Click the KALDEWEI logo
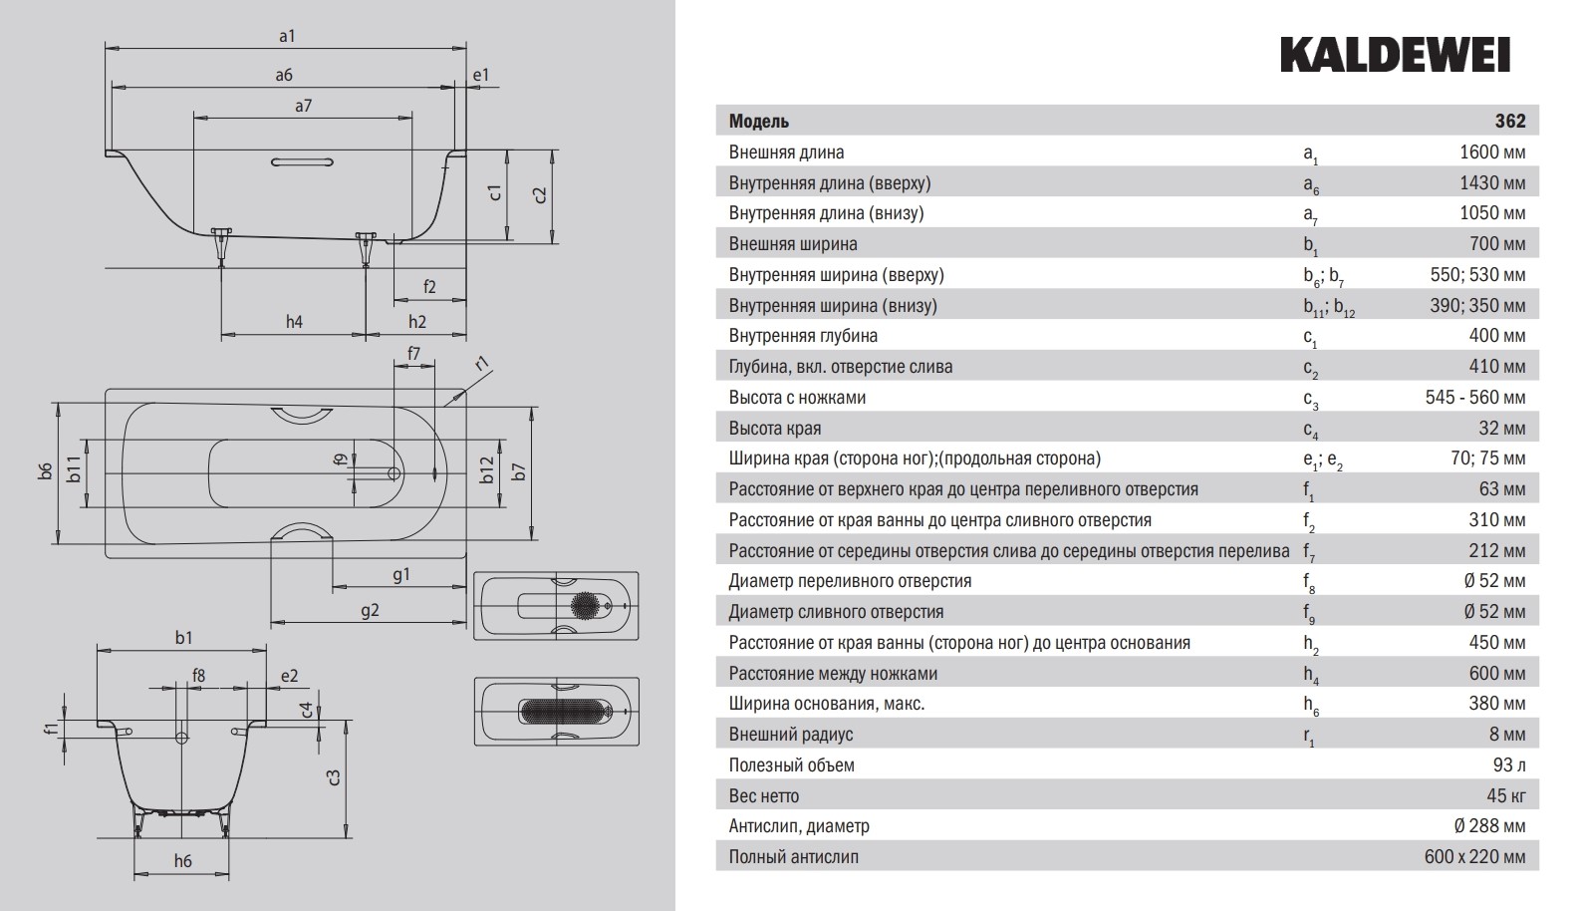click(1394, 56)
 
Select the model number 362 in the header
click(1509, 121)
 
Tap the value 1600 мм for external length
click(1491, 152)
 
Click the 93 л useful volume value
click(1509, 765)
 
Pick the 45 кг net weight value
click(1505, 796)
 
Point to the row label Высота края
click(775, 429)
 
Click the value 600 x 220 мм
click(1474, 857)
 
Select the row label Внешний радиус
click(791, 735)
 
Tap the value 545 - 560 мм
click(1474, 398)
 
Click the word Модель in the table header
click(759, 122)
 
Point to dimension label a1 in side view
click(287, 36)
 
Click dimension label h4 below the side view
click(294, 321)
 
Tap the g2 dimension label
click(370, 610)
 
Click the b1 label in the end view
click(183, 638)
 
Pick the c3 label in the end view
click(335, 777)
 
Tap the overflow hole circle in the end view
click(181, 738)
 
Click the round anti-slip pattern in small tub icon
click(585, 605)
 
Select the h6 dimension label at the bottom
click(182, 861)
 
